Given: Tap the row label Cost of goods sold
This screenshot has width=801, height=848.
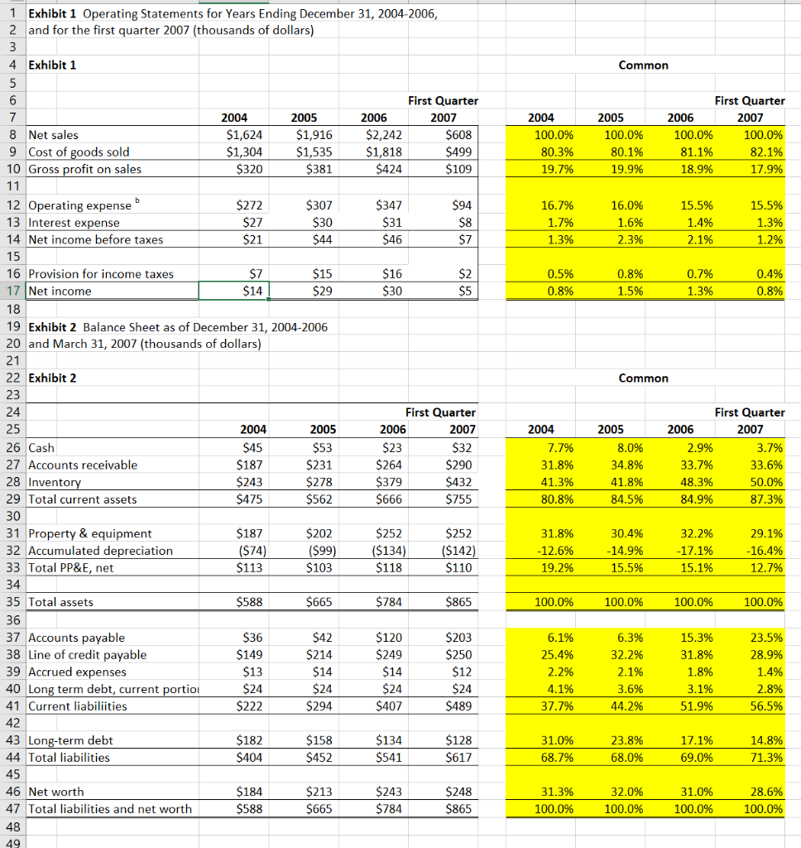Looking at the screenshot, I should pyautogui.click(x=79, y=152).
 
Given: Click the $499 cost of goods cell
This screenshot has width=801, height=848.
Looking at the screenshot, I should pyautogui.click(x=461, y=152).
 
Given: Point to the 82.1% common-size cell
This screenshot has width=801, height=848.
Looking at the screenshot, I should pyautogui.click(x=765, y=152).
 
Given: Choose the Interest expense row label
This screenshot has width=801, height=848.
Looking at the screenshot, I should pyautogui.click(x=74, y=223).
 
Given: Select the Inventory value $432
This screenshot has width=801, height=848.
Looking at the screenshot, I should pyautogui.click(x=459, y=482).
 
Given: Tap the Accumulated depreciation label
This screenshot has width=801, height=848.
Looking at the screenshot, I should pyautogui.click(x=100, y=551).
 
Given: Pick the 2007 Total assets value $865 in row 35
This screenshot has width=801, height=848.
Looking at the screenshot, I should pyautogui.click(x=459, y=602).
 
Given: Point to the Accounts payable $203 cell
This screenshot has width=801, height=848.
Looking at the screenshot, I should pyautogui.click(x=459, y=638).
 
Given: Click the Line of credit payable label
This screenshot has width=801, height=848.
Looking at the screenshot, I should pyautogui.click(x=87, y=655).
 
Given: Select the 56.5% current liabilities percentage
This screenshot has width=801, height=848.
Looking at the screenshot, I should pyautogui.click(x=765, y=706).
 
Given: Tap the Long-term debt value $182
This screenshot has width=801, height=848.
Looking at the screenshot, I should pyautogui.click(x=249, y=740).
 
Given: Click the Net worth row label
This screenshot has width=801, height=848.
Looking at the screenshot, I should pyautogui.click(x=55, y=792).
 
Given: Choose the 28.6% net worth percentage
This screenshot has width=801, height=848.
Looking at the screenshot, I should pyautogui.click(x=765, y=792).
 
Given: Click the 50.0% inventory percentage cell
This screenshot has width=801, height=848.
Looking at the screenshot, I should pyautogui.click(x=765, y=482).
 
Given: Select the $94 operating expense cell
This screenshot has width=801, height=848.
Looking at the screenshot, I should pyautogui.click(x=463, y=205).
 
